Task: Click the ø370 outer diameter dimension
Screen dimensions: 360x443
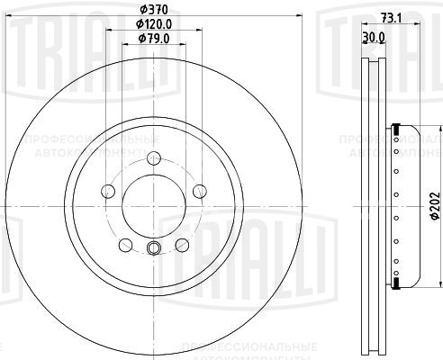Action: (151, 9)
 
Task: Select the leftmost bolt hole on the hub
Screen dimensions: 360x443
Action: (109, 191)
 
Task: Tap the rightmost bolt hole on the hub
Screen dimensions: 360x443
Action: (194, 191)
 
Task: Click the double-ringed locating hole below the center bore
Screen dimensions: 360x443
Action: (151, 249)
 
